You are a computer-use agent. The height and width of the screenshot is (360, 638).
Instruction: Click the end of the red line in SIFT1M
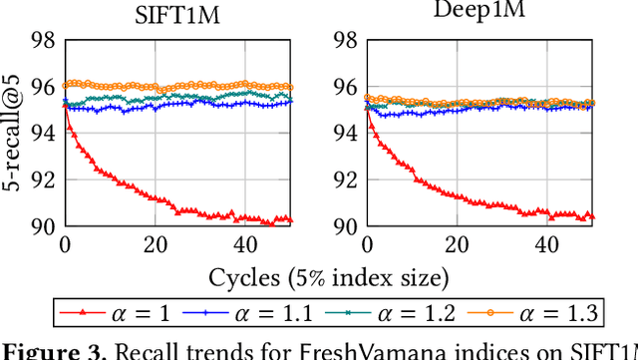(289, 219)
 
